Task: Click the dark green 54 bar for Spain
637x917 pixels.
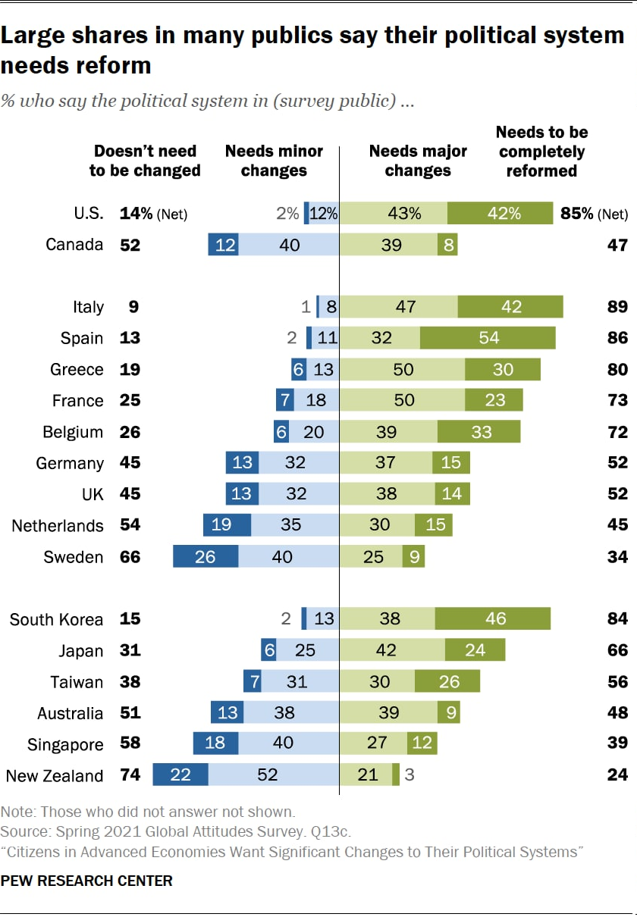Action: tap(488, 338)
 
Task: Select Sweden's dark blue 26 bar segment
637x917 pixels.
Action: tap(206, 557)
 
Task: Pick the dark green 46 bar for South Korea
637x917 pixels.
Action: tap(493, 618)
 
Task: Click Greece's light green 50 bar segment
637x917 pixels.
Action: tap(402, 369)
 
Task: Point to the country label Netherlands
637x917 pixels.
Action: tap(58, 526)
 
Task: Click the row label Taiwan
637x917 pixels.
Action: tap(77, 682)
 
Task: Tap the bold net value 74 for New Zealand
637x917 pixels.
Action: tap(130, 775)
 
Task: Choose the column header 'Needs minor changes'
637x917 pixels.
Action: tap(274, 161)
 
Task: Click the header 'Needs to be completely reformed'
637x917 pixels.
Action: tap(541, 152)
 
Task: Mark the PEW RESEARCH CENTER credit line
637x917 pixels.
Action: tap(86, 881)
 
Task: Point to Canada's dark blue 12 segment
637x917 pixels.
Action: tap(224, 245)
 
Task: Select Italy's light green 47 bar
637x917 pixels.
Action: tap(398, 307)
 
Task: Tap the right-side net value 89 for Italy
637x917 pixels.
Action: tap(617, 307)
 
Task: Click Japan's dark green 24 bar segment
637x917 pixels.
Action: tap(475, 650)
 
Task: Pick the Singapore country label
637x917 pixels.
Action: tap(65, 744)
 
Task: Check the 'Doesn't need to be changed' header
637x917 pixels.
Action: tap(145, 161)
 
